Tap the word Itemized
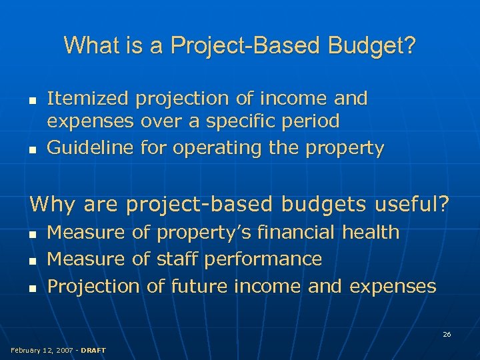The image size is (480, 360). tap(88, 99)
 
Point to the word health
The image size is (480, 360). tap(371, 233)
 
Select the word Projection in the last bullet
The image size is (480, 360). tap(93, 287)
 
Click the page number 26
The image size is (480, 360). tap(447, 334)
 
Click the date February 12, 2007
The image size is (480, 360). tap(40, 350)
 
